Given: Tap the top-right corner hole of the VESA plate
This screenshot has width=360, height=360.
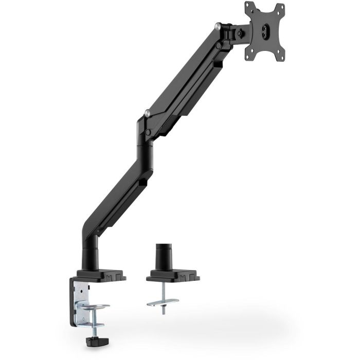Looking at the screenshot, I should pos(281,7).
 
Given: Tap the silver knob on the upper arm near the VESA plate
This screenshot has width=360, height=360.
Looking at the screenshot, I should pos(220,26).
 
